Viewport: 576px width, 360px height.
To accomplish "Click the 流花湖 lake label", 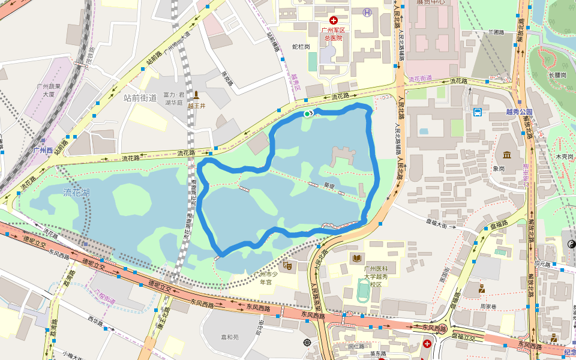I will pos(77,192).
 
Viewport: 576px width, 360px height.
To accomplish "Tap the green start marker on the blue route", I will pos(307,113).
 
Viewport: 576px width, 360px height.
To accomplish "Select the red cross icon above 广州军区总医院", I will pos(333,20).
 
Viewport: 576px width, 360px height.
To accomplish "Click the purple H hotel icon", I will pos(367,12).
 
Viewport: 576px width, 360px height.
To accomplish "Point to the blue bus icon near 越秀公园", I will pos(478,112).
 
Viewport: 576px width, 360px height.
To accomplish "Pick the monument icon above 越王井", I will pos(196,95).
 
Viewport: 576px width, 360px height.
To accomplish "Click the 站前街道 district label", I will pos(140,97).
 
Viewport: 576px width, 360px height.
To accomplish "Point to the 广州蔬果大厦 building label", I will pos(46,90).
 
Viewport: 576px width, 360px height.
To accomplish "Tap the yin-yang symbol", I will pos(571,244).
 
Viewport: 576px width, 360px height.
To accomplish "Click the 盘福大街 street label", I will pos(437,225).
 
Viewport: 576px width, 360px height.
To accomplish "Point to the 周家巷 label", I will pos(488,306).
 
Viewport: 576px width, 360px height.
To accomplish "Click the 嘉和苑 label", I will pos(229,337).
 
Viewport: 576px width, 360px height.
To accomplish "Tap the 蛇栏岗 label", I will pos(301,46).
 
